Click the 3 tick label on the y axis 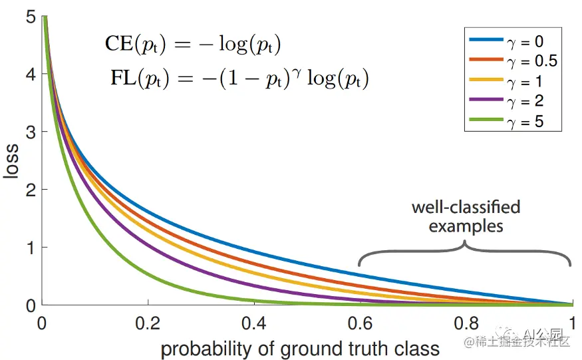[x=30, y=132]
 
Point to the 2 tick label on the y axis [x=30, y=190]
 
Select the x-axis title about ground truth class [x=300, y=348]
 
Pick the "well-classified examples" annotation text [x=466, y=216]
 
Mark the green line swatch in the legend [x=486, y=122]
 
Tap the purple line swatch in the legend [x=486, y=101]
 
